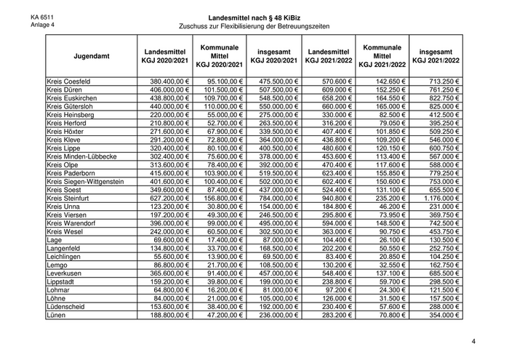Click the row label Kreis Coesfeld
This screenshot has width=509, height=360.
68,81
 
